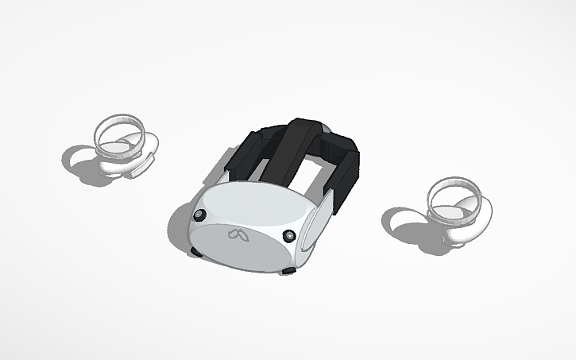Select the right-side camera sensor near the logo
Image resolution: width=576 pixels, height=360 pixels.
pyautogui.click(x=290, y=235)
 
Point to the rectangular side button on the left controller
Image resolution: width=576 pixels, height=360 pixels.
pyautogui.click(x=143, y=165)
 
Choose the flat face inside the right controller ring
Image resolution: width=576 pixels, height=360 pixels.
pyautogui.click(x=454, y=209)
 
